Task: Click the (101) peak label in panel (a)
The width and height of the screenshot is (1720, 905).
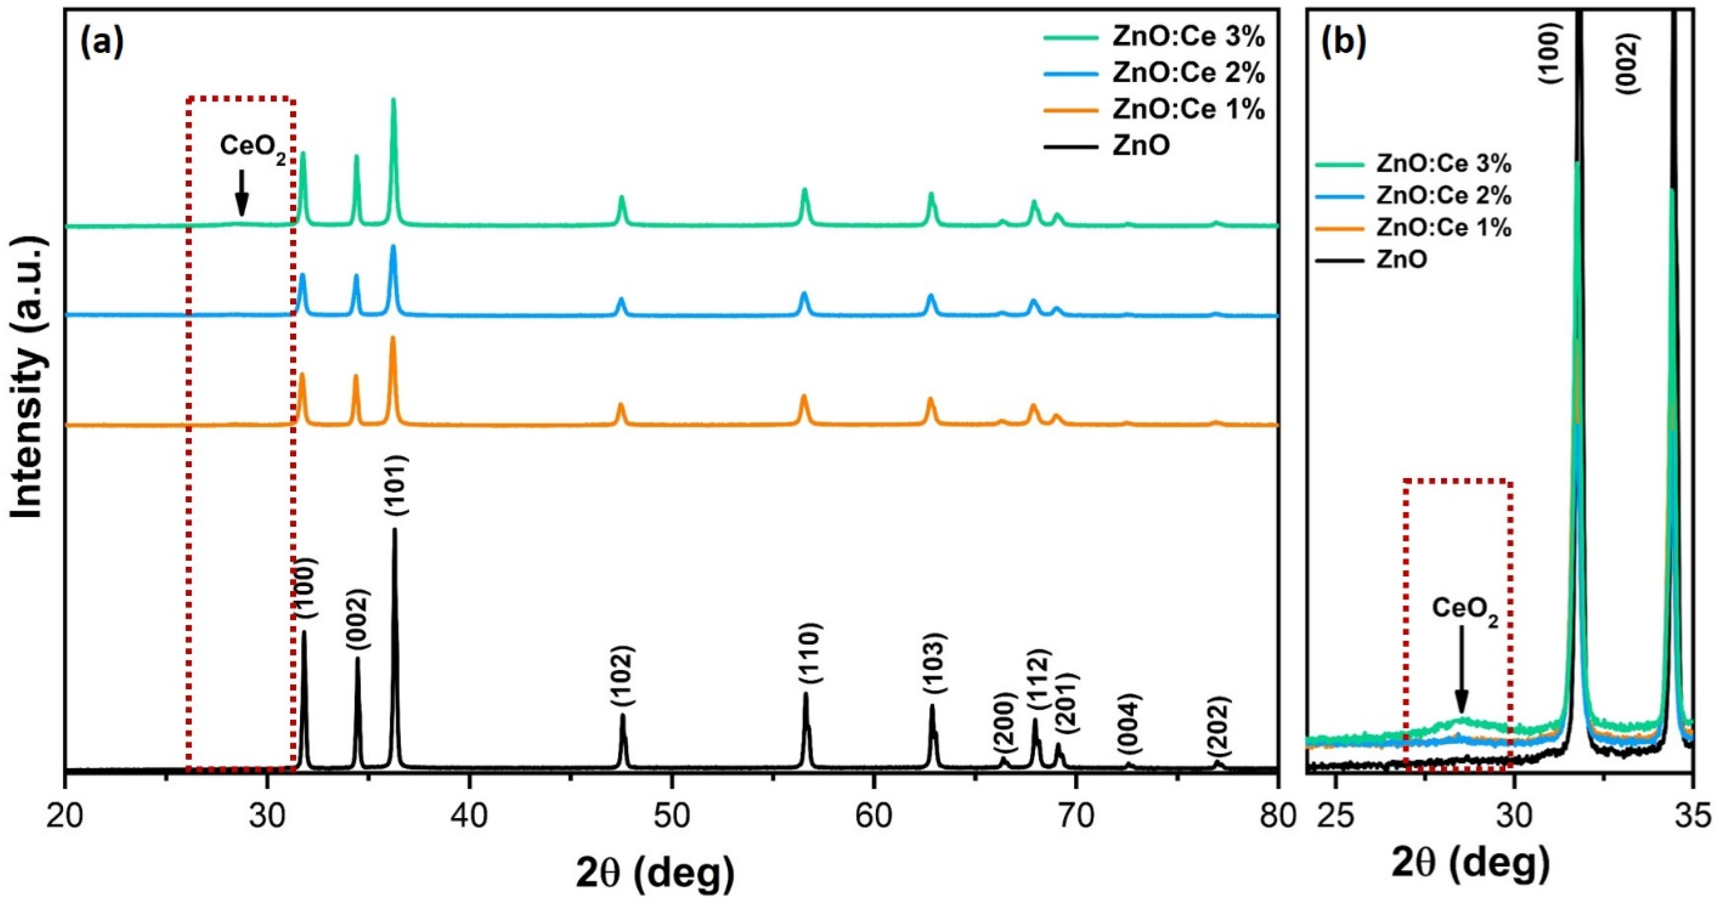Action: [397, 486]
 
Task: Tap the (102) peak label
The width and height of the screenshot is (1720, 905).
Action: [622, 675]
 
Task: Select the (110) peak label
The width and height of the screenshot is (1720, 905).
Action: [810, 653]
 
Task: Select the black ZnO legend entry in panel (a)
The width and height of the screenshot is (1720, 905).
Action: [1141, 145]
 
